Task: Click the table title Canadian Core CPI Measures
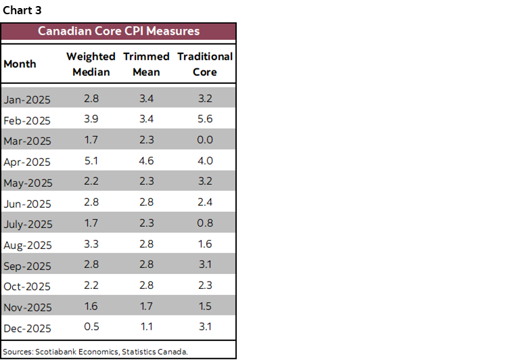coord(118,31)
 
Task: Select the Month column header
coord(20,64)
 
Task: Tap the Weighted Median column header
coord(91,64)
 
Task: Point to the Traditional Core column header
coord(204,64)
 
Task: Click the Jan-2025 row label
coord(27,99)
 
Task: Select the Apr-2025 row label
coord(27,162)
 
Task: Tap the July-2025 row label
coord(28,224)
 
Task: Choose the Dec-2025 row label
coord(27,329)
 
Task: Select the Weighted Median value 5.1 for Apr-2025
coord(91,161)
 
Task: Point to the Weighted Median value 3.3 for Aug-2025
coord(91,244)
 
